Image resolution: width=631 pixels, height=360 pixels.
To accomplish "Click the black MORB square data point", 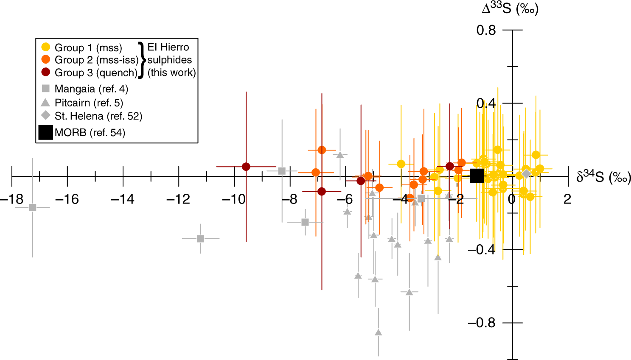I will click(x=477, y=175).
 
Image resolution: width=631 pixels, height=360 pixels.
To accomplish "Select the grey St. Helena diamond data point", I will click(x=526, y=174).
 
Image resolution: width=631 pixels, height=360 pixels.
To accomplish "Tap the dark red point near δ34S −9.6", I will click(x=246, y=167).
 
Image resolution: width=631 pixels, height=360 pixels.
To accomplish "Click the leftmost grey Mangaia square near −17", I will click(x=33, y=207).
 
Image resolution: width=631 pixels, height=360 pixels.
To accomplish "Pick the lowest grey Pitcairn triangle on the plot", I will click(x=378, y=332).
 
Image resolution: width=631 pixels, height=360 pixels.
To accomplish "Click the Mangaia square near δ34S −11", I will click(x=201, y=239).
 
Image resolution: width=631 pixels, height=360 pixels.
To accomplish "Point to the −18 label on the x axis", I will click(x=12, y=199).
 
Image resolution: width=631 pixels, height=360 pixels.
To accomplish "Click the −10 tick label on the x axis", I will click(x=233, y=199).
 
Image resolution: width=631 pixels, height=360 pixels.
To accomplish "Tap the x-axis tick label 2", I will click(x=567, y=199).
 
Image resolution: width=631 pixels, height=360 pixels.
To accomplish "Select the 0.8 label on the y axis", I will click(x=486, y=30).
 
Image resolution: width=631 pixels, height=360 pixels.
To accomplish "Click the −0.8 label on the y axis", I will click(x=481, y=323).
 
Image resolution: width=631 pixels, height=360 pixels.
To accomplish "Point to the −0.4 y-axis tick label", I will click(x=481, y=249).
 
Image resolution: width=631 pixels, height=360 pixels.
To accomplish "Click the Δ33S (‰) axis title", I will click(x=510, y=8).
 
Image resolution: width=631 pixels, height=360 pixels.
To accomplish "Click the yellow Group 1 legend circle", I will click(x=46, y=47).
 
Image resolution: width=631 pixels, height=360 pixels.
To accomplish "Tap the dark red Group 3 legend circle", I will click(x=46, y=72).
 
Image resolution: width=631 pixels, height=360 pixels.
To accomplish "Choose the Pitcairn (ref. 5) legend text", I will click(x=89, y=103).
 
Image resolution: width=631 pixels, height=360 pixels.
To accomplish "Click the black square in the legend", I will click(x=46, y=132).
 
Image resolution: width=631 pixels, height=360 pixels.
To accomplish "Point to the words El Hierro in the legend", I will click(x=168, y=47).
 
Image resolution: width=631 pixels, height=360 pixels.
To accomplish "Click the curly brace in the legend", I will click(x=142, y=60).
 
